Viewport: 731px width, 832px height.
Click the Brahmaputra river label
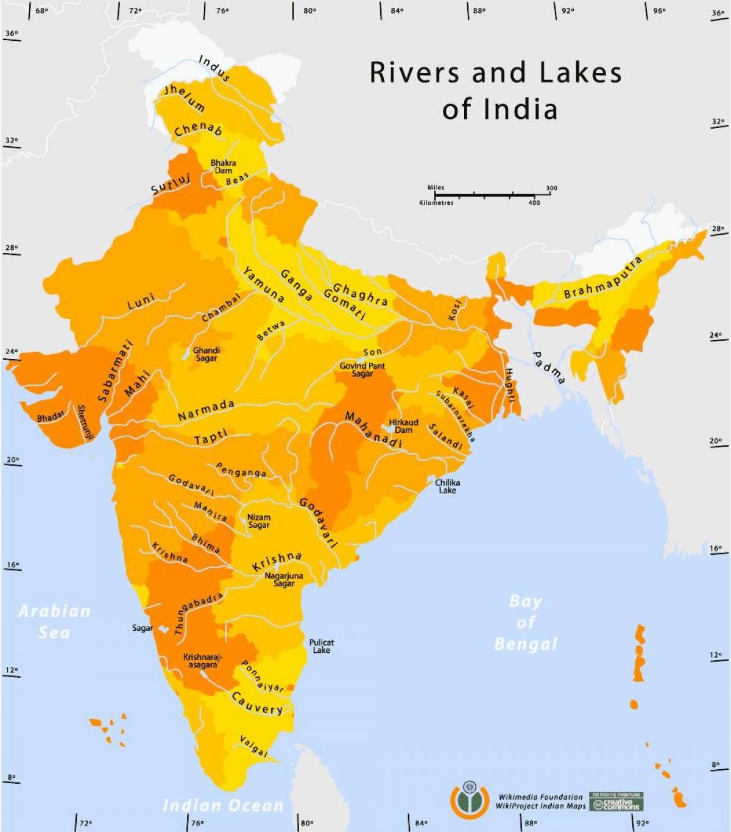coord(602,279)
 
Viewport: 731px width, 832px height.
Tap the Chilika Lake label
coord(447,486)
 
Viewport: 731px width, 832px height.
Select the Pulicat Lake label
coord(321,646)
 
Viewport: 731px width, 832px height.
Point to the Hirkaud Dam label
coord(403,426)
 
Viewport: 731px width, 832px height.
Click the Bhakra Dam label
coord(223,166)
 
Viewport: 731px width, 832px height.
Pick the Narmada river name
coord(206,410)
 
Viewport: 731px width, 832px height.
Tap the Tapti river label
coord(211,437)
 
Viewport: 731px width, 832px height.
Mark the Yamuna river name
coord(263,284)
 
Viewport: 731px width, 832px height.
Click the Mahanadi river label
coord(373,430)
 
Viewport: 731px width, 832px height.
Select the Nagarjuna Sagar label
coord(283,579)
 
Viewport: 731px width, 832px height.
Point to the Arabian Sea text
coord(54,621)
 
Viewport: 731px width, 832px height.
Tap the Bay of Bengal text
coord(525,622)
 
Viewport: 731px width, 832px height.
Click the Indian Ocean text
coord(223,805)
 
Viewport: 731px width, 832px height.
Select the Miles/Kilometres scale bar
coord(487,195)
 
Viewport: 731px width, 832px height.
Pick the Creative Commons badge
coord(615,802)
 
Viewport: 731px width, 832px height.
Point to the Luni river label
coord(141,301)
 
